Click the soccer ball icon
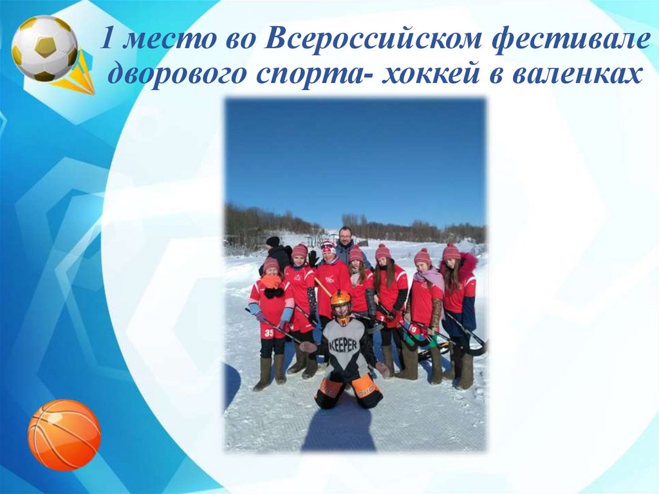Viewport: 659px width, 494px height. click(x=44, y=48)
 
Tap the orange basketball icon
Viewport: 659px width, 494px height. click(x=64, y=434)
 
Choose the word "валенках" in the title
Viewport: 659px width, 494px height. click(x=577, y=75)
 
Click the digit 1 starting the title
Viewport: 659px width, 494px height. click(x=109, y=41)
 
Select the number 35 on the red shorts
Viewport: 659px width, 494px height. click(x=268, y=333)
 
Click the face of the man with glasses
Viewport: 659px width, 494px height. click(x=346, y=236)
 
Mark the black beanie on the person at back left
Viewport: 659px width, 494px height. click(x=273, y=242)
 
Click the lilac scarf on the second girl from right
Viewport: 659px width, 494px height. click(x=430, y=277)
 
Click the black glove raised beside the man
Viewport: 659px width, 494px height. click(x=313, y=258)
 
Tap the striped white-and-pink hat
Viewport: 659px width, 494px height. click(x=328, y=246)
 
